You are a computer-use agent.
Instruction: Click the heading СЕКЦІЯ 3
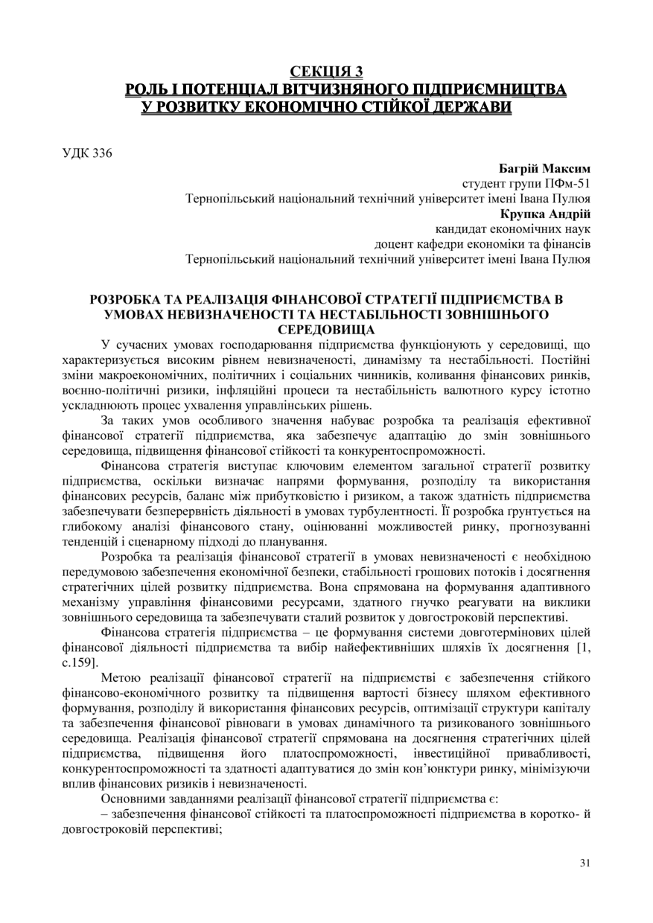point(327,71)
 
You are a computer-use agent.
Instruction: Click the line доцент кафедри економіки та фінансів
point(482,244)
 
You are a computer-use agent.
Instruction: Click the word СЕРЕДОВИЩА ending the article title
point(326,329)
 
